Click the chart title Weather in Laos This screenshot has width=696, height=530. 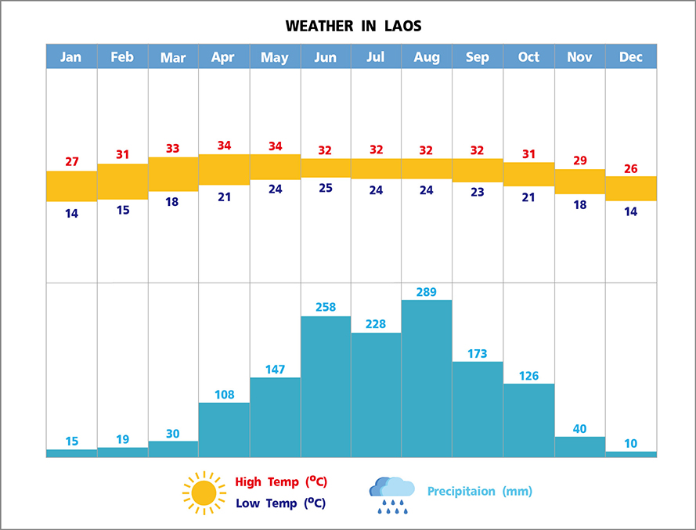tap(353, 26)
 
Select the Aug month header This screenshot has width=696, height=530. tap(427, 56)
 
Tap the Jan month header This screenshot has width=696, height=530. tap(71, 56)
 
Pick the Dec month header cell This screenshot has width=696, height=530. tap(631, 56)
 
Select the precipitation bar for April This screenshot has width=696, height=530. tap(224, 430)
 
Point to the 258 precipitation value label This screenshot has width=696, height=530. tap(325, 307)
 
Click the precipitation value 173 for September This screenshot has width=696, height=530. tap(478, 353)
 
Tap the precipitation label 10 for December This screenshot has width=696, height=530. tap(631, 443)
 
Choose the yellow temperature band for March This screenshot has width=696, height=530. tap(173, 174)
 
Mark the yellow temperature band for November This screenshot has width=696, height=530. tap(580, 182)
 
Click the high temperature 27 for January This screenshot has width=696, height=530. tap(72, 162)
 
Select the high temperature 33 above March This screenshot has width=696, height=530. tap(173, 148)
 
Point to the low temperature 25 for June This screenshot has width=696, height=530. tap(325, 188)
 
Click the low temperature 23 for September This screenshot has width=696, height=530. tap(478, 192)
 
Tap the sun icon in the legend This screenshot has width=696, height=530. tap(204, 492)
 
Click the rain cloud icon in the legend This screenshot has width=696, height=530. tap(391, 493)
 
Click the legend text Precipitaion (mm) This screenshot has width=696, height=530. tap(479, 492)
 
